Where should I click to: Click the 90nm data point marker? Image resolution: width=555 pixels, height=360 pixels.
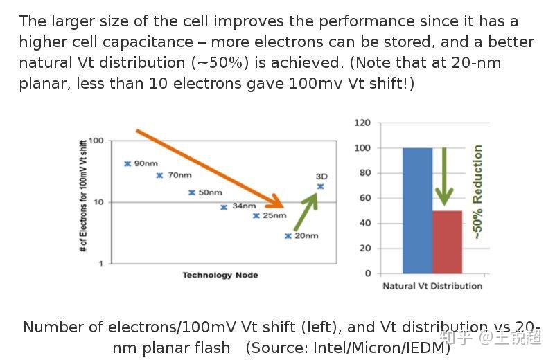(127, 163)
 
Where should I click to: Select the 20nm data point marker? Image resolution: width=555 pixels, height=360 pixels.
(288, 236)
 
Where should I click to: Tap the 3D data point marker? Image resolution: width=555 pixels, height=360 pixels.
(320, 186)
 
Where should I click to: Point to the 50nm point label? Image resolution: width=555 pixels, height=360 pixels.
(210, 192)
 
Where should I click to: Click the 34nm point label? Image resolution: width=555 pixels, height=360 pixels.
(244, 206)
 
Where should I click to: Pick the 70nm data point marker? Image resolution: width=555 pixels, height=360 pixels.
(159, 175)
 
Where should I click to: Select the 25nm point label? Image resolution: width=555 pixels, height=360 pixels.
(274, 215)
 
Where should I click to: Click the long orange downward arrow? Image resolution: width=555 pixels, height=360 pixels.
(208, 168)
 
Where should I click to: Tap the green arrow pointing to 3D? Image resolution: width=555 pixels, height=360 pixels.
(305, 212)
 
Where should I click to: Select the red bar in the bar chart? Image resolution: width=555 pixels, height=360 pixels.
(447, 242)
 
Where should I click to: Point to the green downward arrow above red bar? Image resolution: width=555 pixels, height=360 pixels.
(443, 177)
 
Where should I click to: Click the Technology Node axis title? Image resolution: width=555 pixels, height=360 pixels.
(220, 275)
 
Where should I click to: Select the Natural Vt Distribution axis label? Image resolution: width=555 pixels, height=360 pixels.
(432, 286)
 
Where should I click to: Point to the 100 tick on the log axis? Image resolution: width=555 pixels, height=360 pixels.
(96, 141)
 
